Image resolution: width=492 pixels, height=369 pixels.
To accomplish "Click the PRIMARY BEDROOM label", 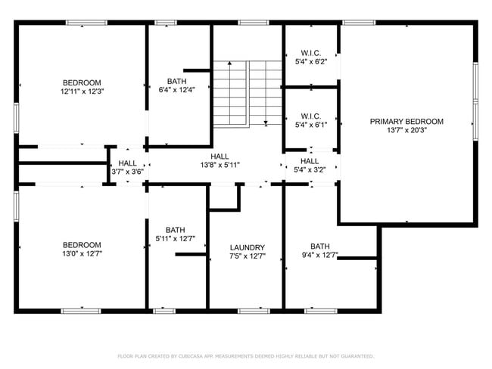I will tap(406, 121).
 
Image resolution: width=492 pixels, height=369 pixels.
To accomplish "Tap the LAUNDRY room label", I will tap(247, 247).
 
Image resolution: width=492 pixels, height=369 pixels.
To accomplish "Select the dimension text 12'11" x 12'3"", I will tap(82, 91).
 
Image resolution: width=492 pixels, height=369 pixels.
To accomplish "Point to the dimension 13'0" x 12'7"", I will tap(82, 254).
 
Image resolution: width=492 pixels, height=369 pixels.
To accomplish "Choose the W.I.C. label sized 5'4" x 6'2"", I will tap(311, 53).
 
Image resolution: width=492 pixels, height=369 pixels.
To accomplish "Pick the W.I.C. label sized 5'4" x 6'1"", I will tap(311, 116).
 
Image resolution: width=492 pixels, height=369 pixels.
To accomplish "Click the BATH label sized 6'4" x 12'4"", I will tap(176, 82).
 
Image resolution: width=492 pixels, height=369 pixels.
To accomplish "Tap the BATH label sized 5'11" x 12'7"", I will tap(175, 230).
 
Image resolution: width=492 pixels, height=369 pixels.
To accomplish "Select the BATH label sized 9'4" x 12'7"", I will tap(319, 246).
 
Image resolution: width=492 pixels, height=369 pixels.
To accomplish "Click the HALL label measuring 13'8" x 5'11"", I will tap(220, 156).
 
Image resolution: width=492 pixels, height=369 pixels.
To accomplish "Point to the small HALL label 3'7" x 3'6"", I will tap(127, 163).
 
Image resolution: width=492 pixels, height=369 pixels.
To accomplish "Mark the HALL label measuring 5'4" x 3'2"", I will tap(310, 161).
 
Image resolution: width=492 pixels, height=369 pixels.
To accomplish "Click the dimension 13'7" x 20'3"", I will tap(406, 129).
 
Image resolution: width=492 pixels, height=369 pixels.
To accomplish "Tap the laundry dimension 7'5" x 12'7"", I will tap(247, 256).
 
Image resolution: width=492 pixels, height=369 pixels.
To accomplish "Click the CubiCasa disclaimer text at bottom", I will tap(245, 355).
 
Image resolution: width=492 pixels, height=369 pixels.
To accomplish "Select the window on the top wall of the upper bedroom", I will tap(85, 23).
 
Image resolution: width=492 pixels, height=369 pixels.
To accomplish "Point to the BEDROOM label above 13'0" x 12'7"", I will tap(82, 245).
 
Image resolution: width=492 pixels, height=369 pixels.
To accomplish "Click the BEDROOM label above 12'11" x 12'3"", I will tap(82, 82).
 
